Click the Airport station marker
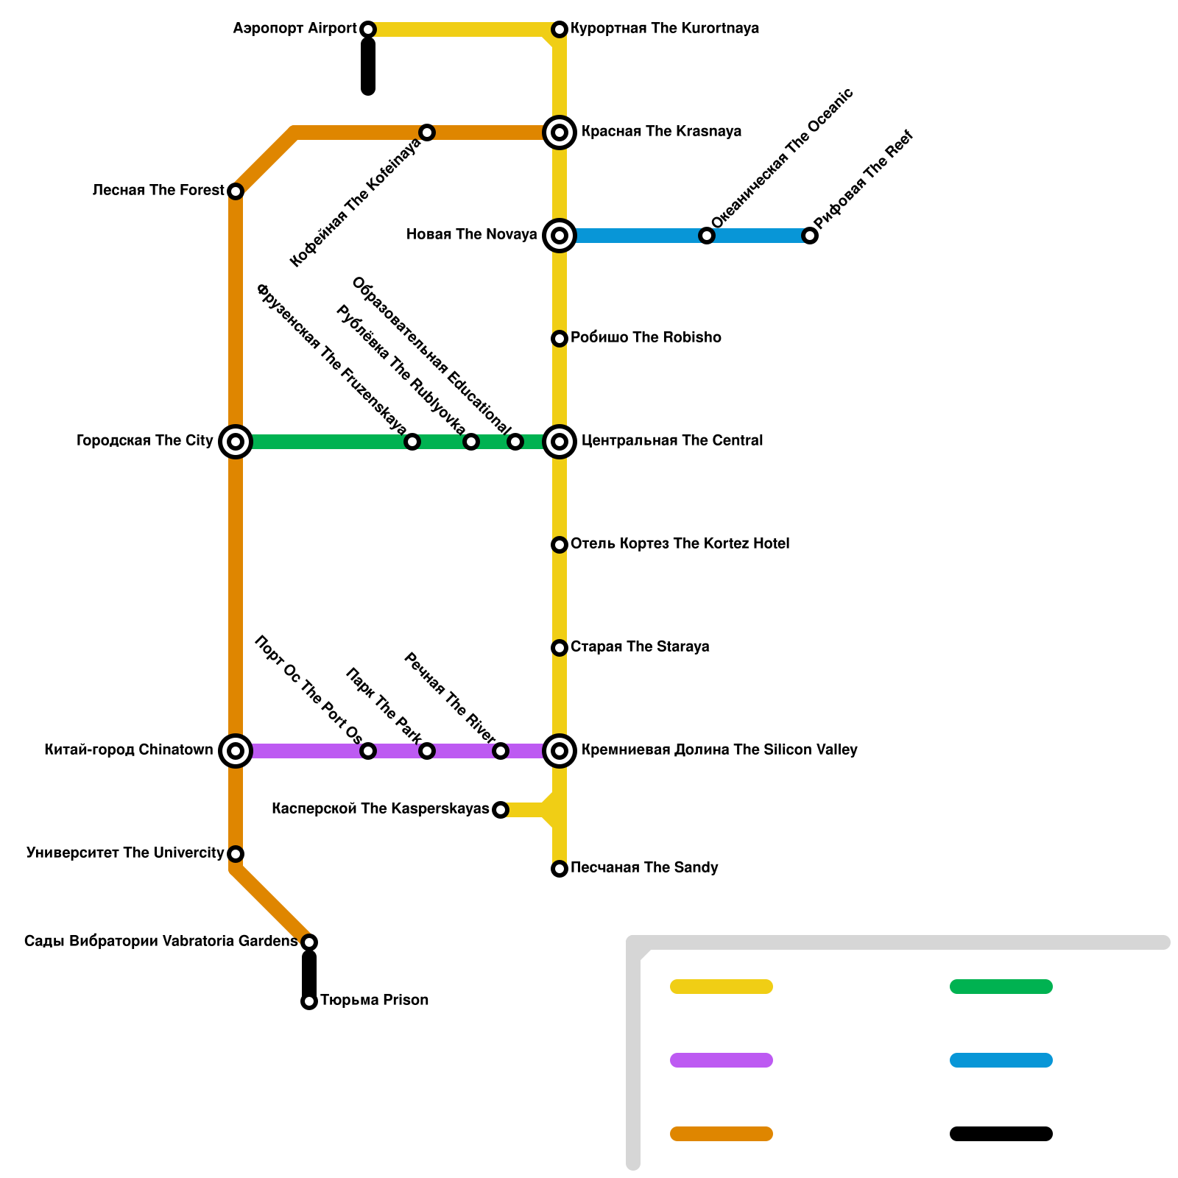click(368, 29)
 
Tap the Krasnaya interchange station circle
click(560, 133)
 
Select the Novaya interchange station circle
click(560, 236)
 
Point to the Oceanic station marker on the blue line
click(707, 236)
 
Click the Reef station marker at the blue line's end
click(810, 236)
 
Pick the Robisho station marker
click(560, 339)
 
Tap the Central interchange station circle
click(560, 442)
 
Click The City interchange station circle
click(236, 442)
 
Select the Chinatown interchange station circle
click(236, 751)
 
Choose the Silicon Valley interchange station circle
click(560, 751)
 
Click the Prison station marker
click(309, 1001)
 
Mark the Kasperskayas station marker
click(501, 810)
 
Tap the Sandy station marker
click(560, 869)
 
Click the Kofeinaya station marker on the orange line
click(427, 133)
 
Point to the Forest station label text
click(158, 191)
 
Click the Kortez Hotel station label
click(680, 544)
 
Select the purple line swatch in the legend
click(722, 1060)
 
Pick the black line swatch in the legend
click(1001, 1134)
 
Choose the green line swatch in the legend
click(1001, 987)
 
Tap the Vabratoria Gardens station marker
click(309, 942)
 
